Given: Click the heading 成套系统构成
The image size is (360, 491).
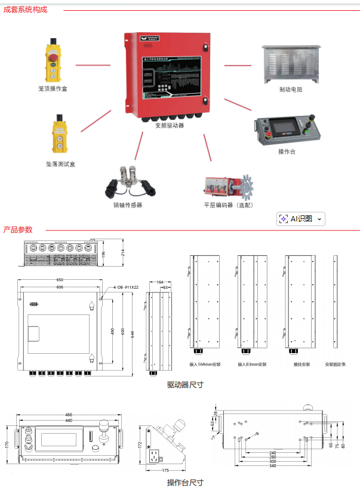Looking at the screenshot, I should [x=25, y=10].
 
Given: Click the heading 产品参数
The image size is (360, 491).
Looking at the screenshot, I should [x=18, y=229].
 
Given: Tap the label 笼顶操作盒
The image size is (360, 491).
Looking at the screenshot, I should [x=53, y=88].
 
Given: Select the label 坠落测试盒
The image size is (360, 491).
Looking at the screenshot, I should [x=60, y=163].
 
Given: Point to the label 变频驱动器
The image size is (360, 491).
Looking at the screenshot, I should [x=169, y=125].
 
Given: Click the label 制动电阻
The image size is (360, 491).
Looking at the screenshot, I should [x=291, y=90].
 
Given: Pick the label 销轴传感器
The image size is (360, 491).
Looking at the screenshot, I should [x=128, y=205].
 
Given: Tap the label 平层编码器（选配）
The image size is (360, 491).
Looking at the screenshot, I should [x=229, y=205].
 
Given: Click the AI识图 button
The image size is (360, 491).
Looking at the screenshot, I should [x=301, y=219].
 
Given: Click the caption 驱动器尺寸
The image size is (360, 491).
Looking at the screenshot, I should [x=185, y=385].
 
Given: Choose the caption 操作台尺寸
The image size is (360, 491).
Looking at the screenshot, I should [x=185, y=482].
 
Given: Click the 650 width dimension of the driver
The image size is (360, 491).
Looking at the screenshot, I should [x=60, y=279].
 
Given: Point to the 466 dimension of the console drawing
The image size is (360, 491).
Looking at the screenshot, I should [x=69, y=414].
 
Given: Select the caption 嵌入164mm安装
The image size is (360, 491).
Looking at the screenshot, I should [x=205, y=364].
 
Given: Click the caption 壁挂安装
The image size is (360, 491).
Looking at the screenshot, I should [x=301, y=364].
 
